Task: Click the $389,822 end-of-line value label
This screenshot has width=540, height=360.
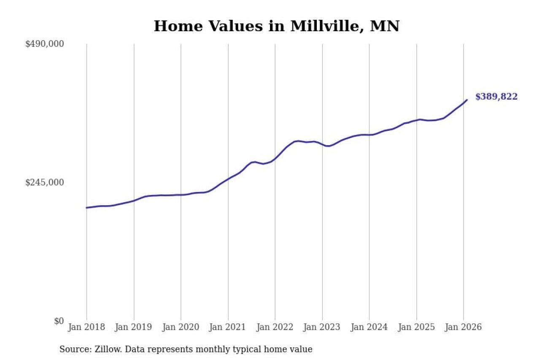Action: pyautogui.click(x=496, y=97)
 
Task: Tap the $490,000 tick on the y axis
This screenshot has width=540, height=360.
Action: pyautogui.click(x=44, y=44)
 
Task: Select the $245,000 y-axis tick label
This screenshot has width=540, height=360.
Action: pyautogui.click(x=44, y=182)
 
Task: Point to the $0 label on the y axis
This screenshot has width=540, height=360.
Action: pyautogui.click(x=59, y=321)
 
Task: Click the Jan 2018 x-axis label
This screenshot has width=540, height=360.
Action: pyautogui.click(x=86, y=327)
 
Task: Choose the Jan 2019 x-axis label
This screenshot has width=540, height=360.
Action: pyautogui.click(x=134, y=327)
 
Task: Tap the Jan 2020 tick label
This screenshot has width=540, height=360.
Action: pyautogui.click(x=181, y=327)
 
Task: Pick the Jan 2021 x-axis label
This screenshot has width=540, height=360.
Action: pyautogui.click(x=228, y=327)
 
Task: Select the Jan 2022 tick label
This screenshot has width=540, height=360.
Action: pyautogui.click(x=275, y=327)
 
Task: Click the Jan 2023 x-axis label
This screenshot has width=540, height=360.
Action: pyautogui.click(x=322, y=327)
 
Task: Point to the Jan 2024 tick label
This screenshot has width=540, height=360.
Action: pyautogui.click(x=369, y=327)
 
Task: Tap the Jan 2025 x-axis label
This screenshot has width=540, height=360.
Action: pyautogui.click(x=416, y=327)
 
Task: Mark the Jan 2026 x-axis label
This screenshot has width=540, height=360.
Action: pyautogui.click(x=463, y=327)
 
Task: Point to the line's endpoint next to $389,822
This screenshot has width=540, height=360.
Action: pyautogui.click(x=467, y=100)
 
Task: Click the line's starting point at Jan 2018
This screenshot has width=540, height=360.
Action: pyautogui.click(x=86, y=208)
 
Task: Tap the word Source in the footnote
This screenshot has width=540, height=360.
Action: pyautogui.click(x=72, y=349)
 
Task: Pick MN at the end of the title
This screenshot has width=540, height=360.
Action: pyautogui.click(x=384, y=26)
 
